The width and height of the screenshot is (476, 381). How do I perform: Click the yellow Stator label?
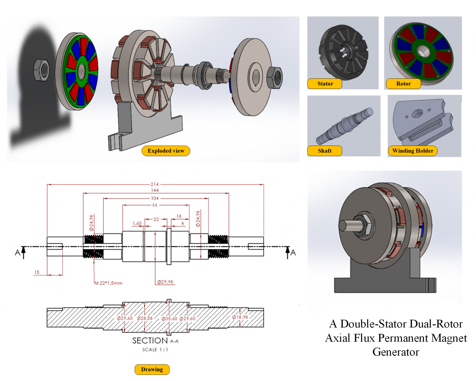click(325, 84)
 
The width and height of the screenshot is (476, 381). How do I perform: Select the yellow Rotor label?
click(403, 84)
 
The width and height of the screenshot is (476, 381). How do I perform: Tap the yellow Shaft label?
click(324, 151)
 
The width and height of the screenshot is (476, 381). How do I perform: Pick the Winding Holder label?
click(412, 151)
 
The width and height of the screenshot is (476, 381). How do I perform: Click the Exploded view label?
click(166, 151)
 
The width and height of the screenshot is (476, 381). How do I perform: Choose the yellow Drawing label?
click(152, 369)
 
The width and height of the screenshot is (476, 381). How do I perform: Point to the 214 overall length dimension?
click(155, 184)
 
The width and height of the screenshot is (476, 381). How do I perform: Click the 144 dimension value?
click(155, 190)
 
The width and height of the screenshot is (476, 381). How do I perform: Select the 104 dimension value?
click(155, 198)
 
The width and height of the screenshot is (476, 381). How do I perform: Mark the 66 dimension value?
click(155, 205)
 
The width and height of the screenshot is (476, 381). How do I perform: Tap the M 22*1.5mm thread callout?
click(108, 283)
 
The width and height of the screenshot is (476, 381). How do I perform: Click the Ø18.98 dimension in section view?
click(240, 317)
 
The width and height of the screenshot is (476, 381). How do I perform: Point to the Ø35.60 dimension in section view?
click(169, 318)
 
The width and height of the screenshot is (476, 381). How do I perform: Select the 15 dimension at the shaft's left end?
click(37, 272)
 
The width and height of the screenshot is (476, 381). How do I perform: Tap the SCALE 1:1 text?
click(155, 349)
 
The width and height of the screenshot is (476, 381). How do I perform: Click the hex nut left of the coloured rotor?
click(42, 70)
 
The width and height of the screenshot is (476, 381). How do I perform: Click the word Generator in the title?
click(396, 352)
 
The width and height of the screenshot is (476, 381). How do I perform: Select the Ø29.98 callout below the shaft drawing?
click(165, 282)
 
